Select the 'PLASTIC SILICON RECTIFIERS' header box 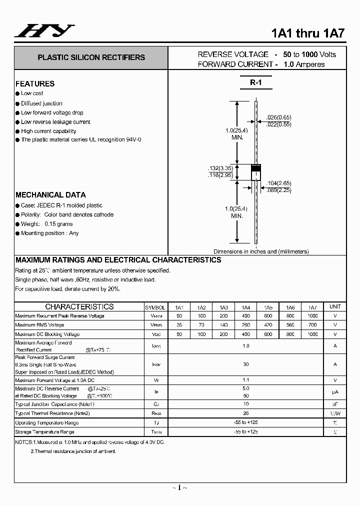(91, 57)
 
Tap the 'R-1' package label (256, 83)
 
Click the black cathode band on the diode (256, 168)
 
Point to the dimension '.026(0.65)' (277, 117)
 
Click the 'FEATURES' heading (35, 83)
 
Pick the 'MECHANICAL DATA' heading (50, 195)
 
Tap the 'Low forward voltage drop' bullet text (52, 113)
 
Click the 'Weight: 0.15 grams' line (46, 224)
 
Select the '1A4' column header (246, 307)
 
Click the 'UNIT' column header (335, 306)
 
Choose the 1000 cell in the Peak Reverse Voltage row (312, 316)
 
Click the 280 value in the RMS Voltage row (246, 325)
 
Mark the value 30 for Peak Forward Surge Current (246, 364)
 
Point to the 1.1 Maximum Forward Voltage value (246, 380)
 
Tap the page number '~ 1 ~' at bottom (179, 487)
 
